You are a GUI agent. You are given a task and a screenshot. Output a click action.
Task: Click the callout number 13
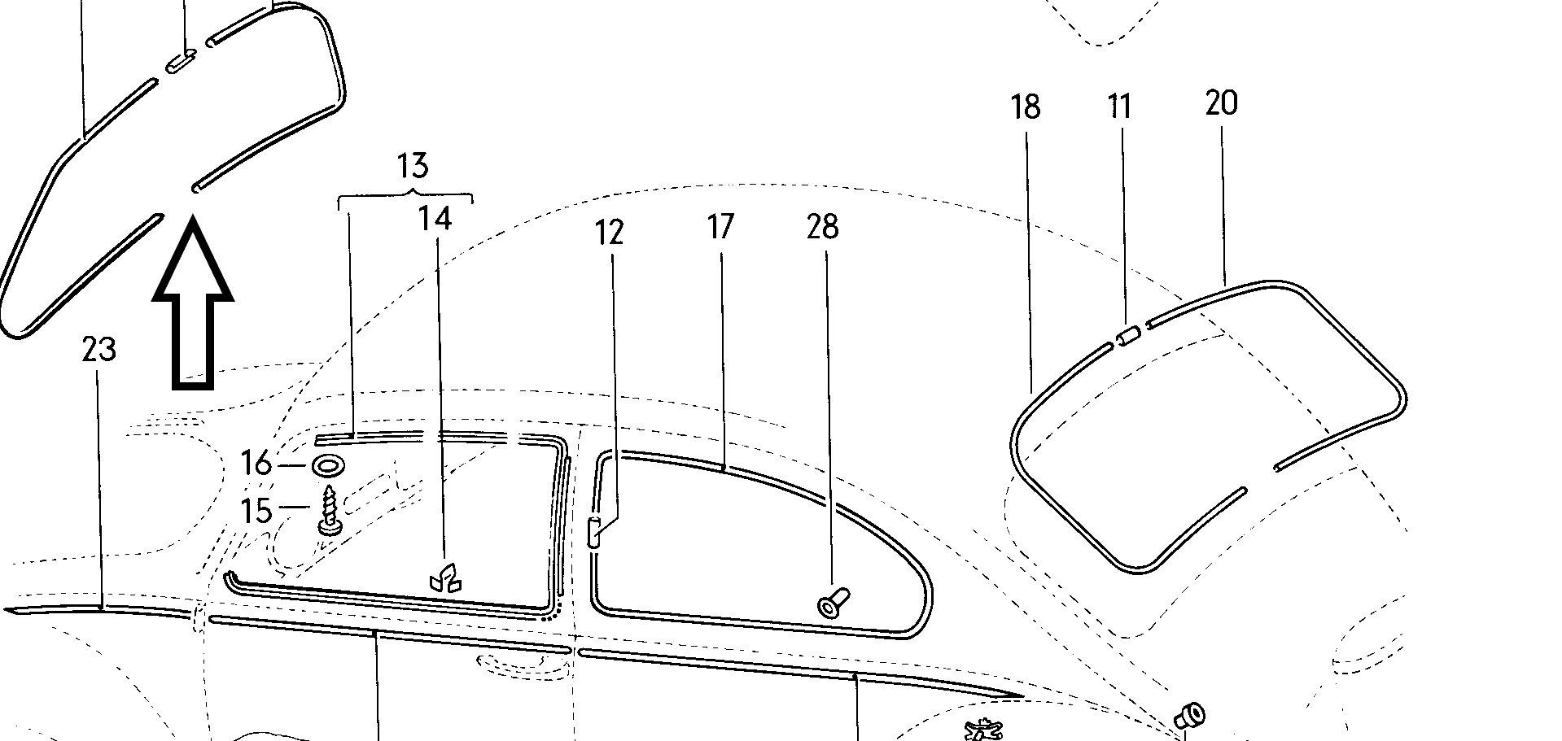coord(413,166)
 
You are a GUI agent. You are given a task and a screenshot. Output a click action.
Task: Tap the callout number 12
coord(609,233)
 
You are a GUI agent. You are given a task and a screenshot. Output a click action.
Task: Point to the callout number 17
coord(720,227)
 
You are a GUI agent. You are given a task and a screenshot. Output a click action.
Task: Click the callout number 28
coord(822,227)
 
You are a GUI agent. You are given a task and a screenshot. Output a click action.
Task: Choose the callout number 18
coord(1026,107)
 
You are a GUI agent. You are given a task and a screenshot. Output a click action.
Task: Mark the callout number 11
coord(1120,107)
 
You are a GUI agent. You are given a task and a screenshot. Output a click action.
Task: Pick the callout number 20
coord(1221,103)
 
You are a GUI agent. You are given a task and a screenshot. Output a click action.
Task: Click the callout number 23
coord(98,350)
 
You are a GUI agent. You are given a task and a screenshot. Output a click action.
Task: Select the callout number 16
coord(256,464)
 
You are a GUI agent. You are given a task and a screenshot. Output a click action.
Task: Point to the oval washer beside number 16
coord(327,467)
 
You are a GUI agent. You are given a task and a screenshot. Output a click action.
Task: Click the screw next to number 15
coord(330,509)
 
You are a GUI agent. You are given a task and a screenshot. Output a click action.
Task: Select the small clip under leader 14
coord(444,578)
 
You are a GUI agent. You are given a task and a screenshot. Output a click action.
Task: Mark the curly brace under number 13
coord(405,194)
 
